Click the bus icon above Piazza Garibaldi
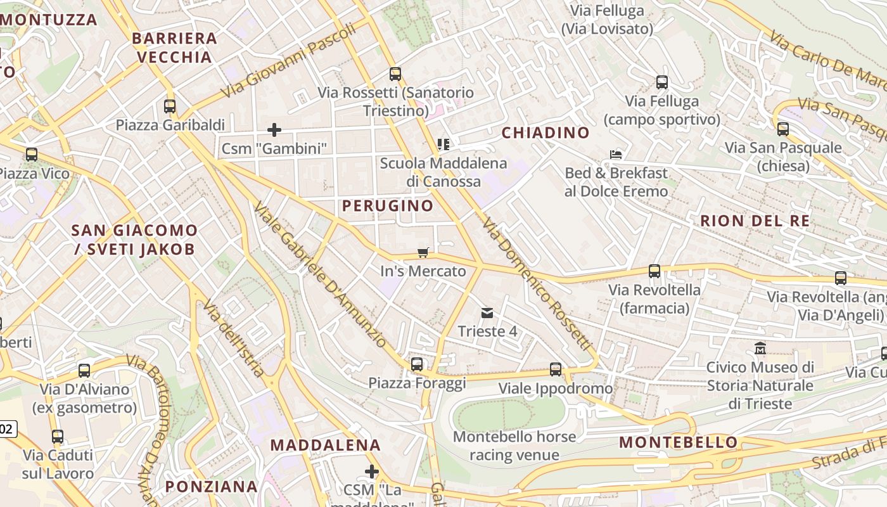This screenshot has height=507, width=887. [170, 106]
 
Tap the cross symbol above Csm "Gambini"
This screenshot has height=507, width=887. [274, 130]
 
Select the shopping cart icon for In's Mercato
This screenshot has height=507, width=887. [423, 253]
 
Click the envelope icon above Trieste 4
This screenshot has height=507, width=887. [487, 312]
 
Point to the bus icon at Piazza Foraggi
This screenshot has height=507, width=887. [417, 364]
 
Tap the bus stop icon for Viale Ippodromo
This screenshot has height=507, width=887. [556, 369]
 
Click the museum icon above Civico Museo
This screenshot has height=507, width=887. [760, 349]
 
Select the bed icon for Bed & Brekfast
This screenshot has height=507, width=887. [616, 154]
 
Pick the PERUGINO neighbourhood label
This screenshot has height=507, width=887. [388, 205]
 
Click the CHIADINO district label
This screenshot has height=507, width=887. [546, 132]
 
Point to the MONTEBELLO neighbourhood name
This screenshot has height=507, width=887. [679, 442]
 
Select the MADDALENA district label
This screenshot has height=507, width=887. [326, 445]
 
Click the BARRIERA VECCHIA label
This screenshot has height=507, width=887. [174, 48]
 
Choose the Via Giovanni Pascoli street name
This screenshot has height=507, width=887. [288, 62]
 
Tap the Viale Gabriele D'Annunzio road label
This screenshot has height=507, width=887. [320, 275]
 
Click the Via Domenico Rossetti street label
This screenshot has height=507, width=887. [535, 285]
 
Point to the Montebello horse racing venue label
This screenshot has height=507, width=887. [514, 446]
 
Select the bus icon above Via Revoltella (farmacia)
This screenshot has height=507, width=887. [654, 271]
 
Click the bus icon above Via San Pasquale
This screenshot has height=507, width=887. [783, 129]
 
